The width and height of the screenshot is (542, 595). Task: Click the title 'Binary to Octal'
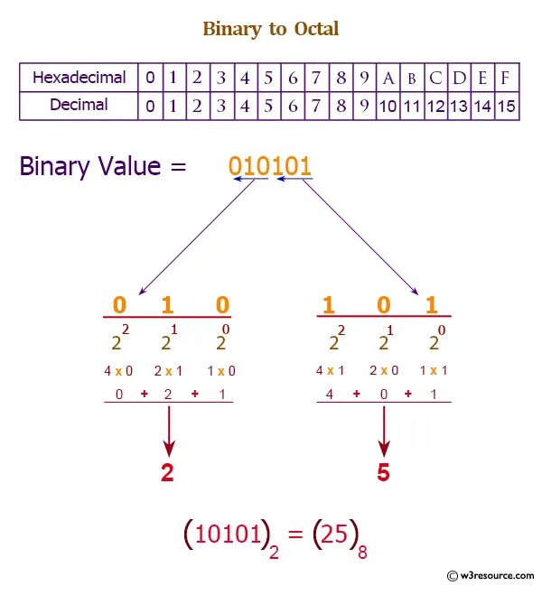coord(270,29)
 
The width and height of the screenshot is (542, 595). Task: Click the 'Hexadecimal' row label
coord(79,78)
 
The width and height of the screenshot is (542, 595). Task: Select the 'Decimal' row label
coord(79,105)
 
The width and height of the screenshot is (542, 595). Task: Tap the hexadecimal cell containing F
coord(507,78)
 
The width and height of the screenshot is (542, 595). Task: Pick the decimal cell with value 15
coord(507,106)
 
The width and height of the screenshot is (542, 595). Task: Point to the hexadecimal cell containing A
coord(388,78)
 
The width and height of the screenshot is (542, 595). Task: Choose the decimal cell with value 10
coord(388,106)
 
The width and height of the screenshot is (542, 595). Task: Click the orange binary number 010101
coord(270,166)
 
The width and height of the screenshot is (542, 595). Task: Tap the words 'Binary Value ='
coord(103,166)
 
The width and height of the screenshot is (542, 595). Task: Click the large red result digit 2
coord(167,472)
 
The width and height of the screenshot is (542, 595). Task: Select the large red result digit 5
coord(383,472)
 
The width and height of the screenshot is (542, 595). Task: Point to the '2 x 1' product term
coord(170,371)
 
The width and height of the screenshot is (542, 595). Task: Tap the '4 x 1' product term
coord(332,371)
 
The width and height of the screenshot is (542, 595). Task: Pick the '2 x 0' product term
coord(384,371)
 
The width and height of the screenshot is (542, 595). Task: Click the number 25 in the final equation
coord(333,536)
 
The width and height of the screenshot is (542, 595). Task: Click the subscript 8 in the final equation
coord(362,552)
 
